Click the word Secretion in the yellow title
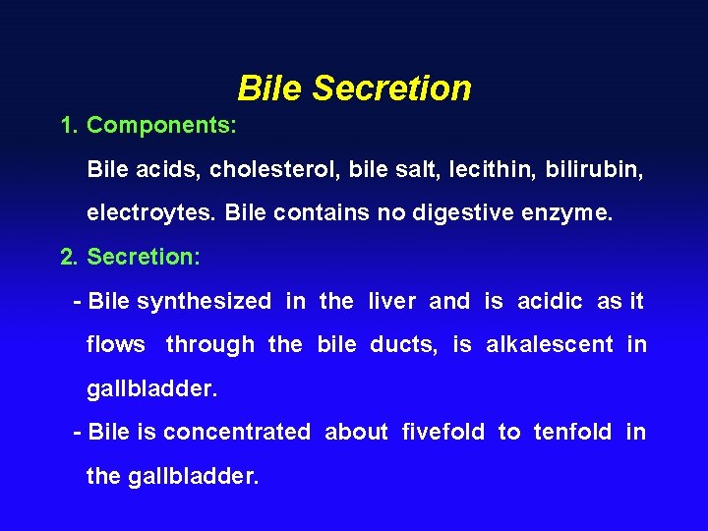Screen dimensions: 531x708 [392, 88]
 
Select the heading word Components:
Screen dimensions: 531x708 [161, 126]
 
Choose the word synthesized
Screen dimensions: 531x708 [204, 301]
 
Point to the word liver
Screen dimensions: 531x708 [392, 301]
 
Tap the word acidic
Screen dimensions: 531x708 [550, 301]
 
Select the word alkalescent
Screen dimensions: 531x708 [550, 344]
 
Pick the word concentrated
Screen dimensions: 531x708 [237, 432]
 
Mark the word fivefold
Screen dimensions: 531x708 [443, 432]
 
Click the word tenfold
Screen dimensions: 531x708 [572, 432]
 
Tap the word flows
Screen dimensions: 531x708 [116, 344]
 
